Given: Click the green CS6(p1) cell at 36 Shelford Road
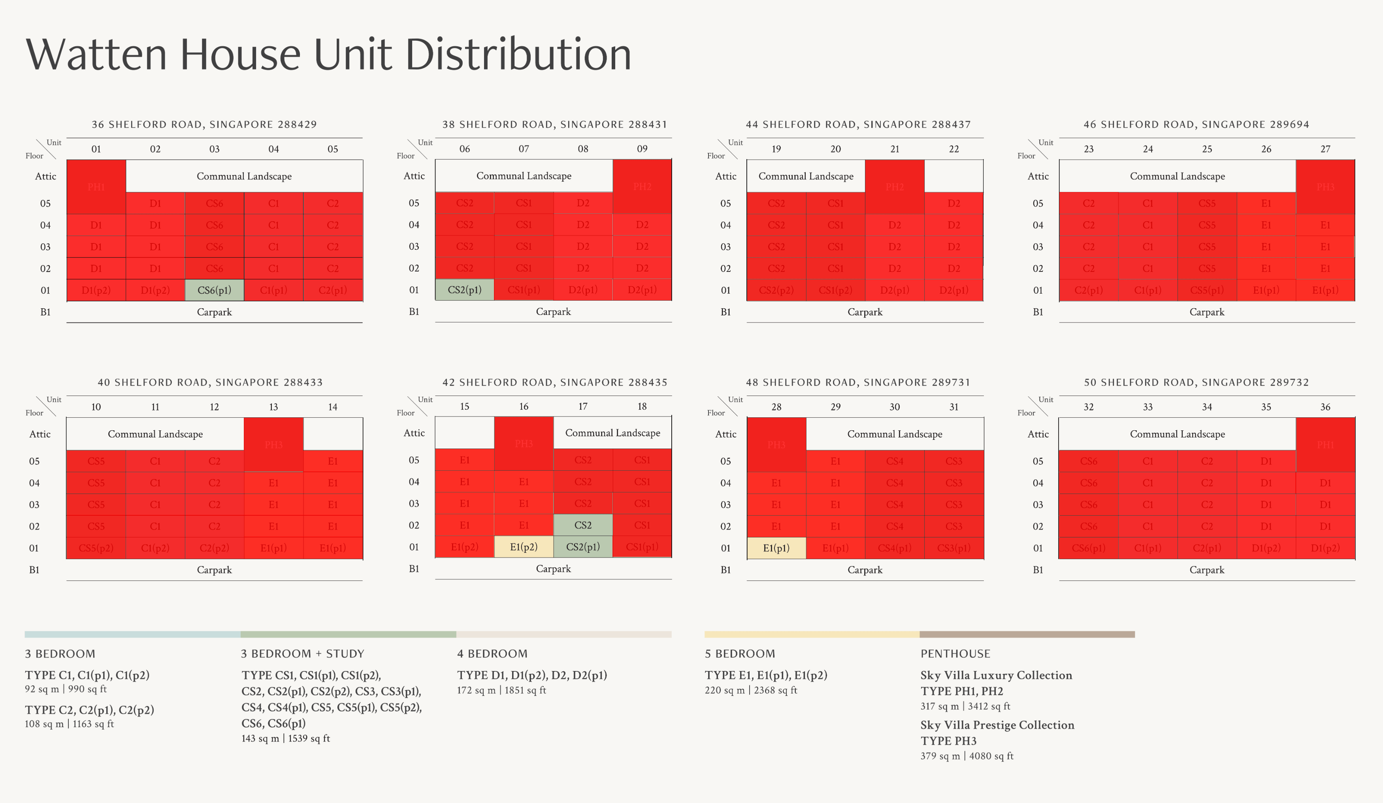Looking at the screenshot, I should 214,290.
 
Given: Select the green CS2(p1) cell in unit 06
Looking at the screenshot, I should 464,290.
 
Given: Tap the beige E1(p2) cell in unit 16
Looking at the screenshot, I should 524,547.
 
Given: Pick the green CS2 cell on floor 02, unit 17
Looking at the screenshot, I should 583,525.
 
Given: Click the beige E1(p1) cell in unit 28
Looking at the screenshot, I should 776,548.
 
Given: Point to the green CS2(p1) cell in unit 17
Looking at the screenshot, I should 583,547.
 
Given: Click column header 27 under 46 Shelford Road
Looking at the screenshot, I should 1325,149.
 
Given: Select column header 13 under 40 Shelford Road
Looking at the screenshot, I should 273,407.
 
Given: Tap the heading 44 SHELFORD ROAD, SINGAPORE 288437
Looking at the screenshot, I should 858,124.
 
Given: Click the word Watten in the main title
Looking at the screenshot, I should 96,55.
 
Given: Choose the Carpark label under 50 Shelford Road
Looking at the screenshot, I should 1207,570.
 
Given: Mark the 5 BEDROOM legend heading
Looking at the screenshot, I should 740,654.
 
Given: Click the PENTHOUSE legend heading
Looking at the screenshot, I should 955,654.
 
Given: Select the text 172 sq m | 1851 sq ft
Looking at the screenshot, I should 501,690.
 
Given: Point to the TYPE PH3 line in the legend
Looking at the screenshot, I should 948,741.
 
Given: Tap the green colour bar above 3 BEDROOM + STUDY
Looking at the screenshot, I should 348,635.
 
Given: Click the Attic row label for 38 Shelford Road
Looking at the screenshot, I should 414,175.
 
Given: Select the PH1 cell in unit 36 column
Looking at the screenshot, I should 1325,445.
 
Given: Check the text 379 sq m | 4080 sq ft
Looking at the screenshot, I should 967,756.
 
